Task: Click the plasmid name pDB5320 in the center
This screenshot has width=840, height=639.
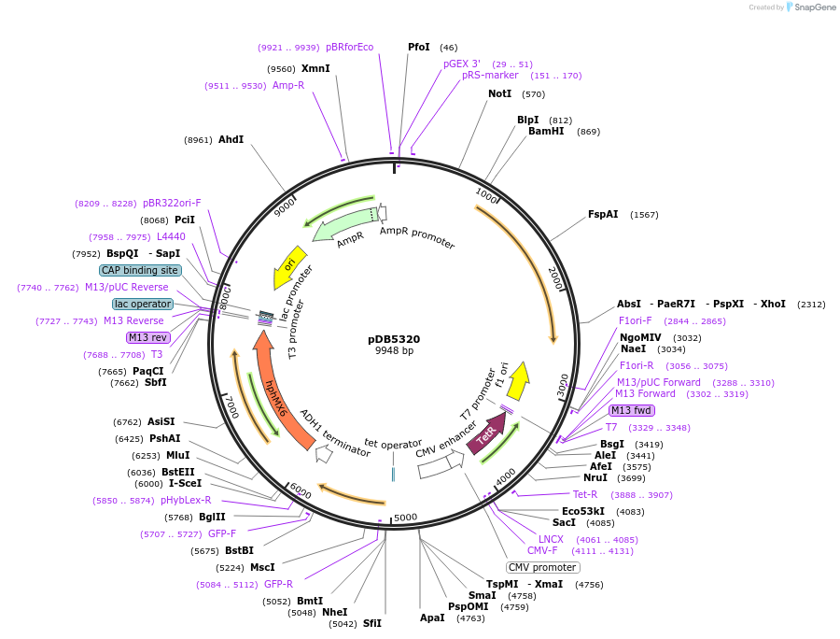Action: coord(394,338)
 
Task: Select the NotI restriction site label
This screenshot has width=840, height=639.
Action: coord(500,93)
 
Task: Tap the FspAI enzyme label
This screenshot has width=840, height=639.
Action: coord(603,214)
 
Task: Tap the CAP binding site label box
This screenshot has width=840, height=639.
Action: coord(140,270)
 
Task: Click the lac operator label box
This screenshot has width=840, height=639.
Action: coord(143,304)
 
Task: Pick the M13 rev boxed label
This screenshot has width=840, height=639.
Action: coord(149,337)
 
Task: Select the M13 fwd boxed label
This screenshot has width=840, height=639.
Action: coord(632,410)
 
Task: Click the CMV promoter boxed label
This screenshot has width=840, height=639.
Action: coord(542,567)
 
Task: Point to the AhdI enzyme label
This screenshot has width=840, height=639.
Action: coord(231,139)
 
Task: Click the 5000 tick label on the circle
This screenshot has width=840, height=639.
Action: coord(405,518)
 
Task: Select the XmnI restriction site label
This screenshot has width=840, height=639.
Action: coord(315,68)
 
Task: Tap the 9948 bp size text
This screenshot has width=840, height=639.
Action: coord(394,351)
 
